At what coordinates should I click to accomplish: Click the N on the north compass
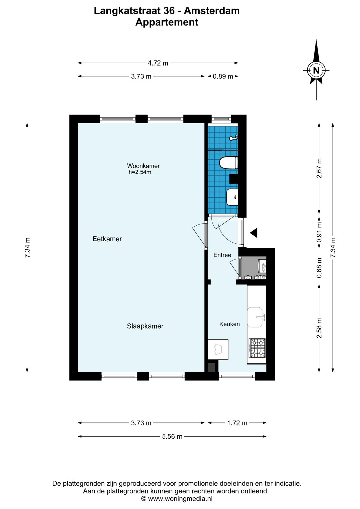coord(316,71)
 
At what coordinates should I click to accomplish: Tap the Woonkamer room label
coord(143,166)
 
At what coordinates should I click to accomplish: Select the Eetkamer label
coord(107,239)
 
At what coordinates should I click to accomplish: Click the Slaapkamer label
coord(145,326)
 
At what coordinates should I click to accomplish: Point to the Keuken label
coord(230,324)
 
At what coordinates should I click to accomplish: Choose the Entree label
coord(222,255)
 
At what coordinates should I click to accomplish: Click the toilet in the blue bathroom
coord(229,163)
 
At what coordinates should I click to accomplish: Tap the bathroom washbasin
coord(232,197)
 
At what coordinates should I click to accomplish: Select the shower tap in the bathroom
coord(234,138)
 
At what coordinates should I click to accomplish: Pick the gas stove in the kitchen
coord(257,348)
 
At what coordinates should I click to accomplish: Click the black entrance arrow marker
coord(254,233)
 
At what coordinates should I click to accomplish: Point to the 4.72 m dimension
coord(158,63)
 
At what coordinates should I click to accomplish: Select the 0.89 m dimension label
coord(223,76)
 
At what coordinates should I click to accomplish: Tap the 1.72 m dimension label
coord(237,423)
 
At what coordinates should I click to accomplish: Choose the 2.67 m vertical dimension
coord(319,168)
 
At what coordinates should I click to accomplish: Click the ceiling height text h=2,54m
coord(140,172)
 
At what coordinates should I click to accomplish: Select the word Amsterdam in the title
coord(212,11)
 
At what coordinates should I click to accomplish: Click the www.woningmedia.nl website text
coord(180,499)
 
